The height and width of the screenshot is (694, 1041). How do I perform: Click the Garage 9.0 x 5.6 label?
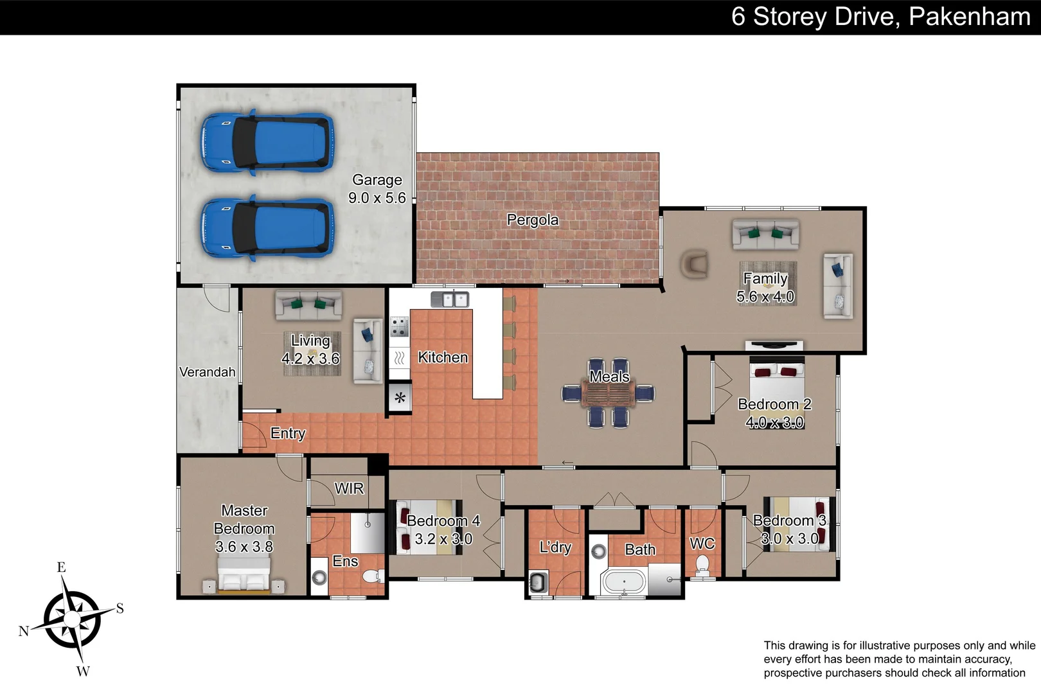click(377, 189)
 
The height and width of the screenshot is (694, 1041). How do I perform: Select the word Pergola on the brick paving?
click(533, 220)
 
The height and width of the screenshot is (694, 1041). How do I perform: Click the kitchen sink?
click(450, 299)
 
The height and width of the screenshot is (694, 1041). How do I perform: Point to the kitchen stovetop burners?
click(399, 326)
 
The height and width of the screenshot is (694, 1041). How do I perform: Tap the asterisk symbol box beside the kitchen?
click(400, 398)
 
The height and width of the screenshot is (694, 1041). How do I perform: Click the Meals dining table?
click(608, 393)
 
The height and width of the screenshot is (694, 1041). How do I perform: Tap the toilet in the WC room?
click(702, 565)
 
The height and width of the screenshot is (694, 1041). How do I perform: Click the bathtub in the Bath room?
click(623, 583)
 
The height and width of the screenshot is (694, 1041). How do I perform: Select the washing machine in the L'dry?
click(537, 583)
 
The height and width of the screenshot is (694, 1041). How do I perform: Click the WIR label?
click(349, 488)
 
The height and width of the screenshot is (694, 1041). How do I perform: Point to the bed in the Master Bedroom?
click(244, 574)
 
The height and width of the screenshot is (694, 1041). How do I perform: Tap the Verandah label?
click(207, 372)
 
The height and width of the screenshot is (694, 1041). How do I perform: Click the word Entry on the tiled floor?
click(288, 433)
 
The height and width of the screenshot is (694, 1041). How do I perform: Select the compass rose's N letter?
click(24, 630)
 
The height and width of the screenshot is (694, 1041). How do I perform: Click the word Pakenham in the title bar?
click(970, 17)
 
